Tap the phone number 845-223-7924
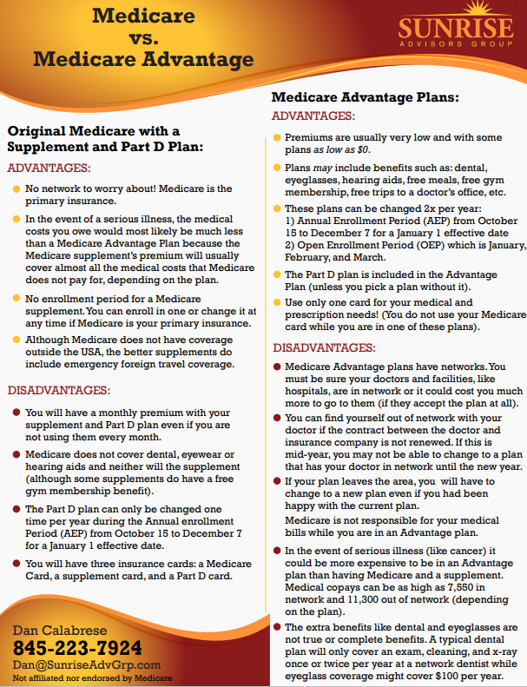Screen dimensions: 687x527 coord(77,648)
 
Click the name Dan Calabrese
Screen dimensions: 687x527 coord(61,630)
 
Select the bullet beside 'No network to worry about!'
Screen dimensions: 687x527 coord(16,188)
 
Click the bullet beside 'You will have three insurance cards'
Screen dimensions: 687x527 coord(16,563)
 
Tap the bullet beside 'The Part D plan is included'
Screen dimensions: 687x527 coord(276,274)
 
